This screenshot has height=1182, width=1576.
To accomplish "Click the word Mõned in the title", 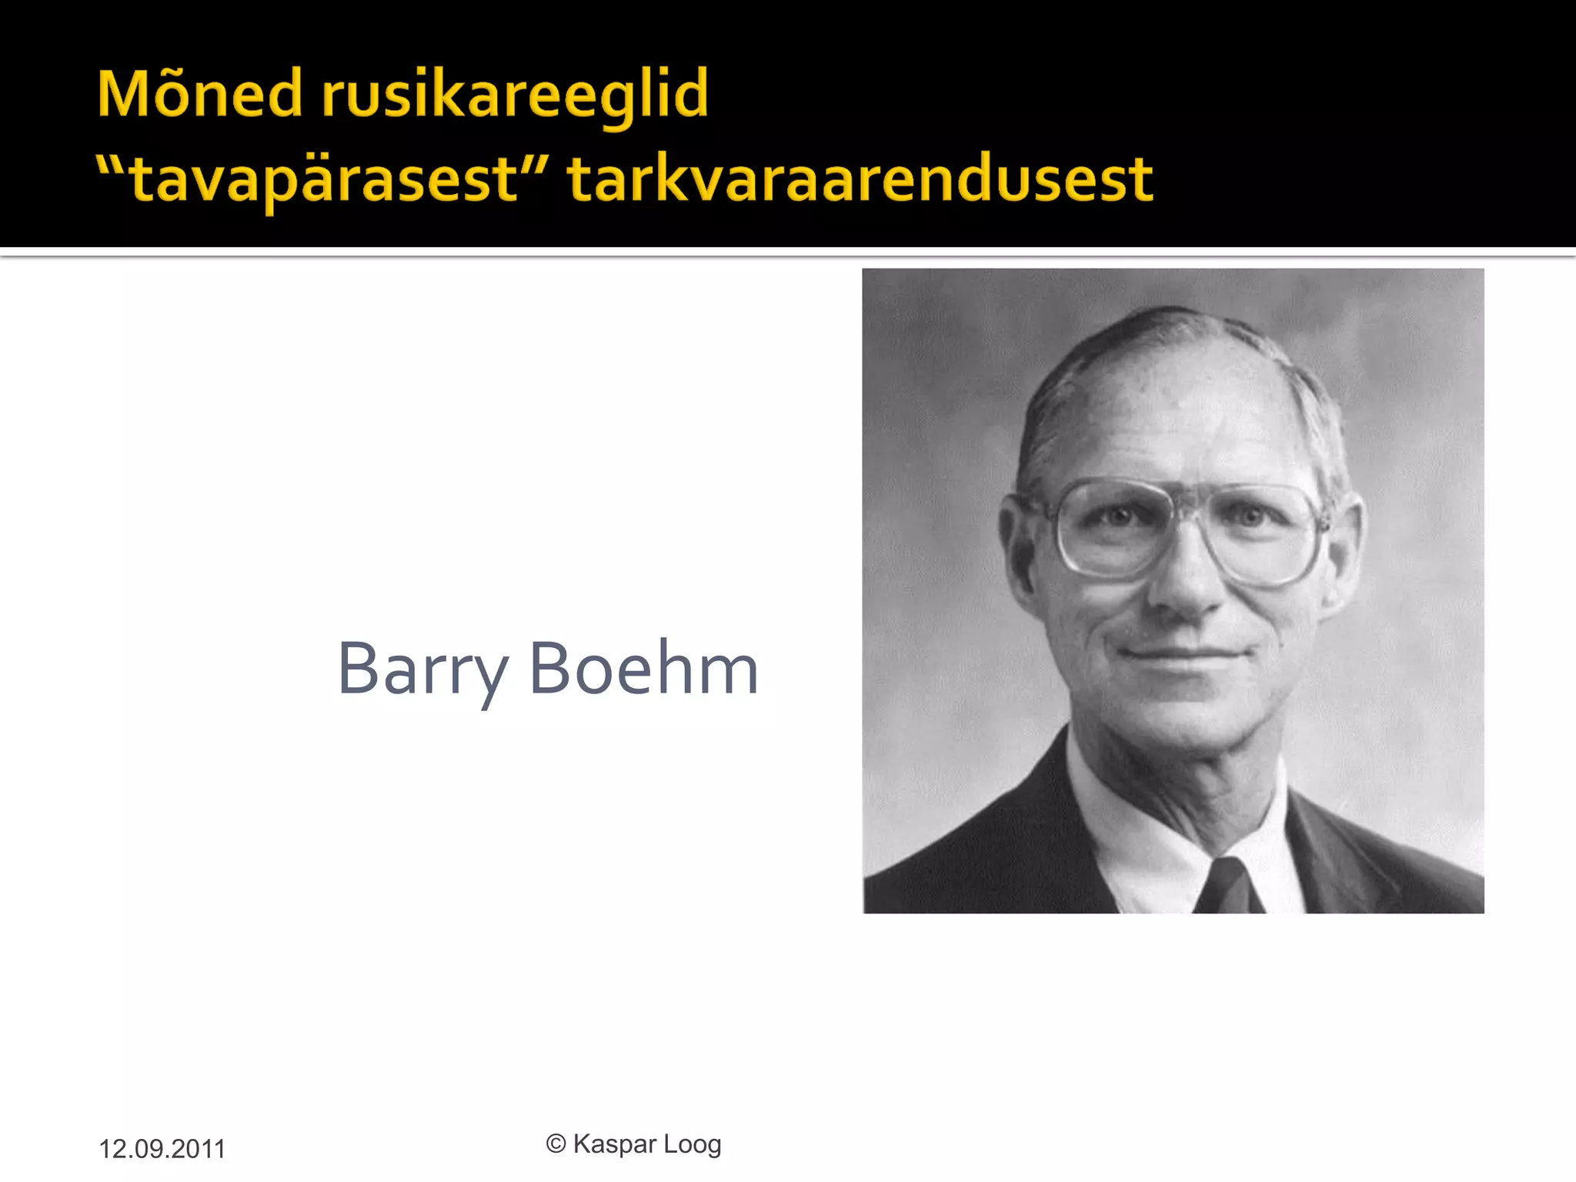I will pyautogui.click(x=199, y=94).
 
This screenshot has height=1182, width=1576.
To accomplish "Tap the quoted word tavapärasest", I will pyautogui.click(x=323, y=180).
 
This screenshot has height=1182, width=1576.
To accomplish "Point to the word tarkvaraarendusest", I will pyautogui.click(x=860, y=180).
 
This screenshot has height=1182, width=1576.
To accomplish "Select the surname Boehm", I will pyautogui.click(x=643, y=668).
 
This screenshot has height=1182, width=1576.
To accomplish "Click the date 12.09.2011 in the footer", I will pyautogui.click(x=162, y=1149).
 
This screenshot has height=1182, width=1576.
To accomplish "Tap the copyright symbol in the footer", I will pyautogui.click(x=556, y=1144).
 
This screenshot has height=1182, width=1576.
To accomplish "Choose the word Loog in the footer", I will pyautogui.click(x=693, y=1145).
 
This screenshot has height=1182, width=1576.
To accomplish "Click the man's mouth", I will pyautogui.click(x=1181, y=655).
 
